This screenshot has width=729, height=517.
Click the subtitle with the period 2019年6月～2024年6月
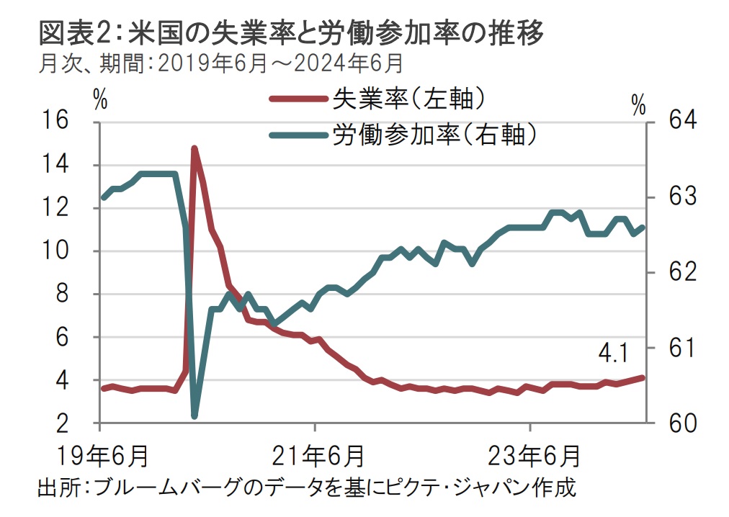(x=220, y=64)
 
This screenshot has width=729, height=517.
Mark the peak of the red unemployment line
(x=194, y=148)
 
